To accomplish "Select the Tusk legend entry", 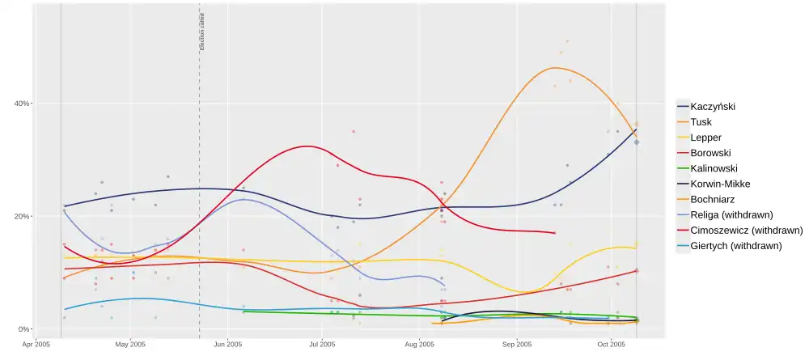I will click(x=701, y=121).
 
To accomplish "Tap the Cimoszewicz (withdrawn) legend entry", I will click(x=741, y=230).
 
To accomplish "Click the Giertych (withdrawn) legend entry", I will click(x=735, y=245).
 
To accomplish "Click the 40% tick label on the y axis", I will click(x=22, y=104).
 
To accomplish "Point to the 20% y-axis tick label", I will click(x=22, y=217).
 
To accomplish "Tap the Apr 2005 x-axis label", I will click(x=36, y=345).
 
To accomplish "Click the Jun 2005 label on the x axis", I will click(x=227, y=345).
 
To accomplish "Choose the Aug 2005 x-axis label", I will click(x=419, y=345).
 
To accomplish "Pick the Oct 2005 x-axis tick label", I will click(x=612, y=345).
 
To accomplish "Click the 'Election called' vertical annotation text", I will click(x=202, y=32).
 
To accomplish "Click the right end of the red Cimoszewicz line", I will click(x=554, y=233).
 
